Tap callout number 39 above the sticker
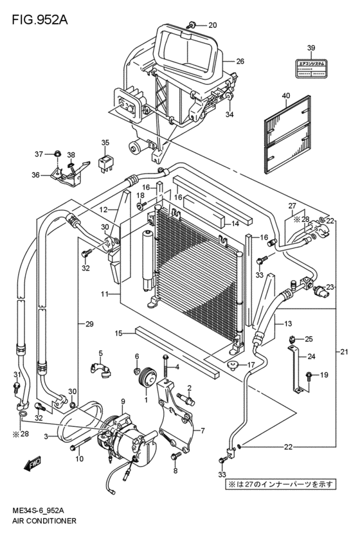311,48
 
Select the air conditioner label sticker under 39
311,69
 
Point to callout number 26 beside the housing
240,62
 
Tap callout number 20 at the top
213,26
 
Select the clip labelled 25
291,339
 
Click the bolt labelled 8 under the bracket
175,456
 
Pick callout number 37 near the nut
39,154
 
